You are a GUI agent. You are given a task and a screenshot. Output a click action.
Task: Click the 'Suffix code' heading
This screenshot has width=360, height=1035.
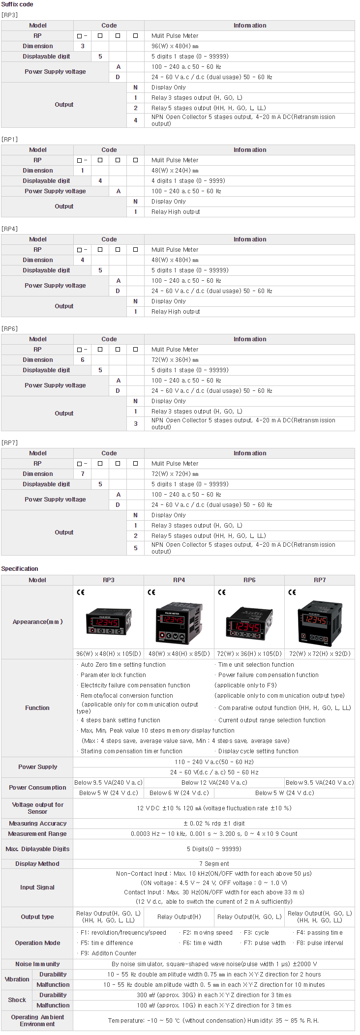click(17, 4)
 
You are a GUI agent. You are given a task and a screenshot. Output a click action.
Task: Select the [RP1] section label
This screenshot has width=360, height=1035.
click(9, 139)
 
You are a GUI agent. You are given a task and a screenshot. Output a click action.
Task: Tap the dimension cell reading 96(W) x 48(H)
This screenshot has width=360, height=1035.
click(175, 46)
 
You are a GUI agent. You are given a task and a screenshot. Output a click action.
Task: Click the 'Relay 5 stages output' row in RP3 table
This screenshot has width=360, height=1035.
click(208, 108)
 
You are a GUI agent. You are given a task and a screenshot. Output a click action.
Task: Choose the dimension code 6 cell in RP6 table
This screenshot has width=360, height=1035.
click(83, 360)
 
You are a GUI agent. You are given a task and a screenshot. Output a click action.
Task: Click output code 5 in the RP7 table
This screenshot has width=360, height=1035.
click(136, 548)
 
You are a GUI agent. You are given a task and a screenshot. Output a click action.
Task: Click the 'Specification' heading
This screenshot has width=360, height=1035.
click(20, 569)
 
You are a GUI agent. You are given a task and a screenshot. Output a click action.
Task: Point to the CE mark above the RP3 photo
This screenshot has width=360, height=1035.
click(81, 592)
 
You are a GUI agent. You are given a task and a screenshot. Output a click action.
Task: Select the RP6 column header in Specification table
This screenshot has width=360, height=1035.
click(249, 580)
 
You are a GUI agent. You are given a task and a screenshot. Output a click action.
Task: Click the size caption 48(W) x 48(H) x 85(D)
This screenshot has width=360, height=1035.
click(179, 654)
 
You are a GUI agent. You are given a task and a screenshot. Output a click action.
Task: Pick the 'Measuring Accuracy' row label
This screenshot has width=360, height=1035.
click(37, 823)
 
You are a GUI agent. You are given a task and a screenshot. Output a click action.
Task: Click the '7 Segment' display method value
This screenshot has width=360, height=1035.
click(214, 863)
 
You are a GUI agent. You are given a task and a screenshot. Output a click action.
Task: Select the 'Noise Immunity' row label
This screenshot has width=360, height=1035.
click(37, 964)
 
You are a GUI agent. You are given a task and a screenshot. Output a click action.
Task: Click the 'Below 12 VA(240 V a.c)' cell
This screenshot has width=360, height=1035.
click(214, 782)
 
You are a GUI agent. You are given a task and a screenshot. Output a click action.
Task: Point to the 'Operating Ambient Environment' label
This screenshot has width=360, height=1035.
click(37, 1020)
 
